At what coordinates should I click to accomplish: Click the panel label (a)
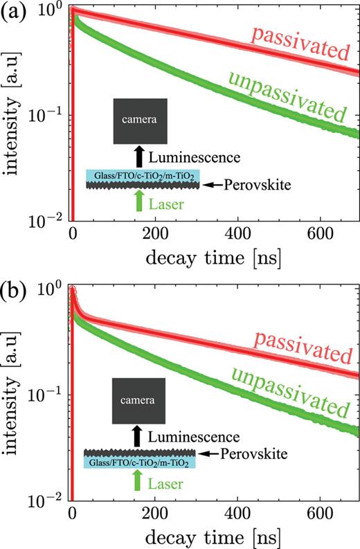[x=15, y=13]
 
